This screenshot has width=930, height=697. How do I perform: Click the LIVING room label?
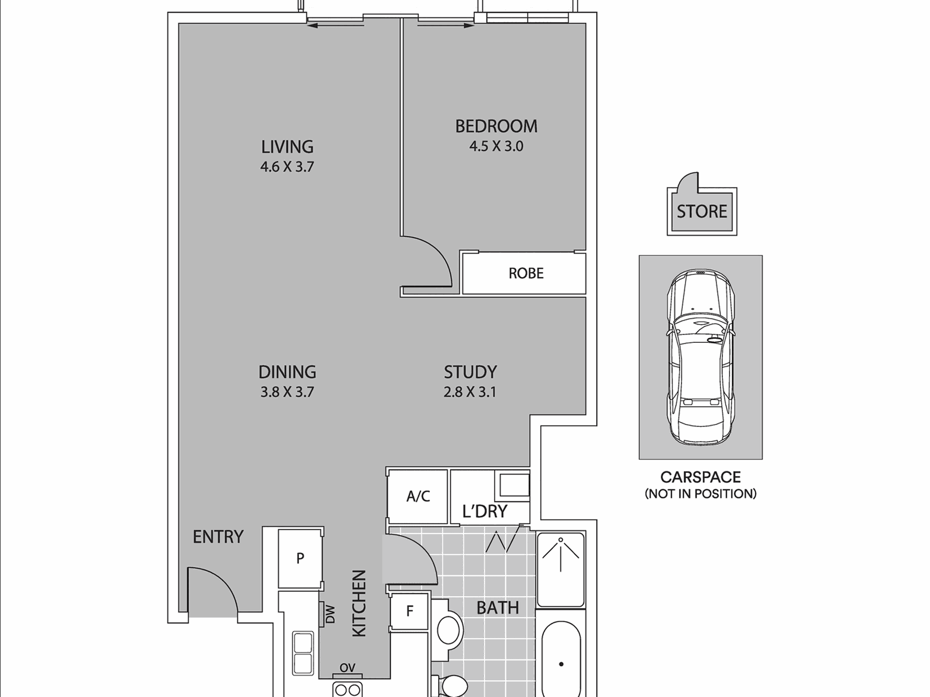click(x=287, y=146)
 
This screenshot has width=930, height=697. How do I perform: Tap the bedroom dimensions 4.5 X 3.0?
click(x=496, y=146)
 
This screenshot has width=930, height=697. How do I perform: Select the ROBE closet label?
click(x=526, y=273)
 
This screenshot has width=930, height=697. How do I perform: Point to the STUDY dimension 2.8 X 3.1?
click(x=469, y=392)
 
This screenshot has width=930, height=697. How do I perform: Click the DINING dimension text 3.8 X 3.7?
click(x=287, y=392)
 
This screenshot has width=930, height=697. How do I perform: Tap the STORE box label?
click(x=701, y=211)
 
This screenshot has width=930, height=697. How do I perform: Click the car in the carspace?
click(x=700, y=357)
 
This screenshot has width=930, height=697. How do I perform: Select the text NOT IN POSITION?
click(x=700, y=494)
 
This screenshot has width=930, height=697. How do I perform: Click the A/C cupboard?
click(x=418, y=496)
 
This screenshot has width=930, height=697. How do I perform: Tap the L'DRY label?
click(x=485, y=511)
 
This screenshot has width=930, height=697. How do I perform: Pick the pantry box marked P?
click(x=300, y=558)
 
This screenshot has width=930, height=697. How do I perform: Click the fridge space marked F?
click(x=410, y=610)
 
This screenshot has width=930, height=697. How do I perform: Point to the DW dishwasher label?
click(x=330, y=614)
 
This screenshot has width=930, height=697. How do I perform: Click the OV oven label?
click(x=347, y=668)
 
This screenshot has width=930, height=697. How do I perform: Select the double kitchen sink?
click(x=303, y=653)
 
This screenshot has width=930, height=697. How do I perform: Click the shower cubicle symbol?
click(x=560, y=570)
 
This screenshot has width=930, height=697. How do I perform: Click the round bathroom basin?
click(x=449, y=630)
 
